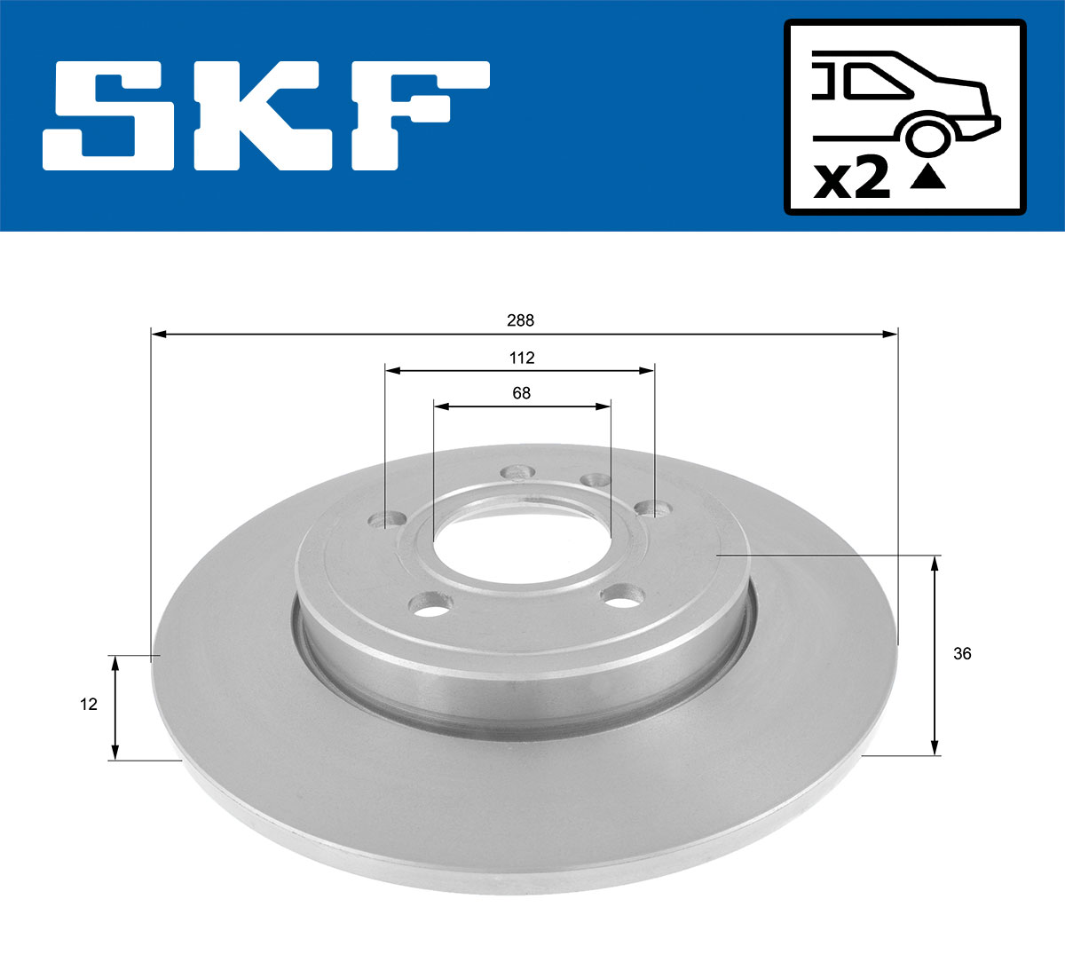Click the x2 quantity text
852,179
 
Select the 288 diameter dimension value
520,320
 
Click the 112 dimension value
522,358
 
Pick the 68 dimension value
521,392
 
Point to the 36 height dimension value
962,654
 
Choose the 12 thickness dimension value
89,705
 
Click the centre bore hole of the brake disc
522,539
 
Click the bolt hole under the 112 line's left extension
388,518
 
